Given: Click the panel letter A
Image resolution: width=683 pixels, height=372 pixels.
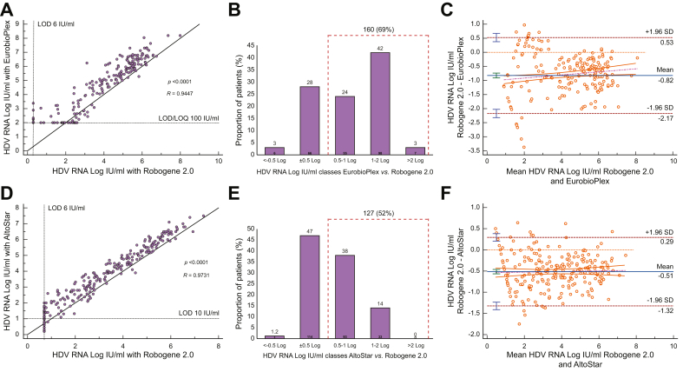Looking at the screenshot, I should (7, 8).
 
